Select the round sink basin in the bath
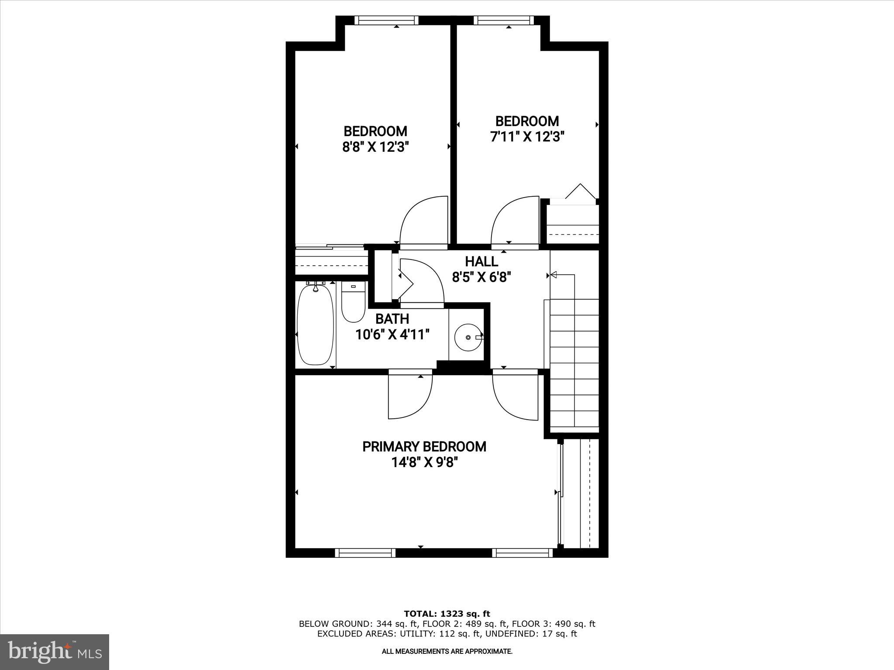pyautogui.click(x=468, y=337)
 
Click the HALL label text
pyautogui.click(x=481, y=261)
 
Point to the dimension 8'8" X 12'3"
pyautogui.click(x=375, y=147)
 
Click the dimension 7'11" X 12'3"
pyautogui.click(x=527, y=137)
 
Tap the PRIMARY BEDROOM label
pyautogui.click(x=424, y=447)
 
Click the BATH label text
pyautogui.click(x=392, y=318)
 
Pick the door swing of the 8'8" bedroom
pyautogui.click(x=423, y=220)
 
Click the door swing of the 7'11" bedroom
pyautogui.click(x=514, y=220)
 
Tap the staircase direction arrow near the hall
pyautogui.click(x=554, y=275)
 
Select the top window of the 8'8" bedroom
pyautogui.click(x=386, y=20)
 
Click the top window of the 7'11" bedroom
pyautogui.click(x=503, y=20)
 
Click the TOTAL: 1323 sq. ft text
pyautogui.click(x=447, y=614)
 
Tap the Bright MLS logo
pyautogui.click(x=55, y=652)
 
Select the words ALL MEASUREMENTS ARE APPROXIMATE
pyautogui.click(x=447, y=652)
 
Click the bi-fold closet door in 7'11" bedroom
pyautogui.click(x=580, y=192)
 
